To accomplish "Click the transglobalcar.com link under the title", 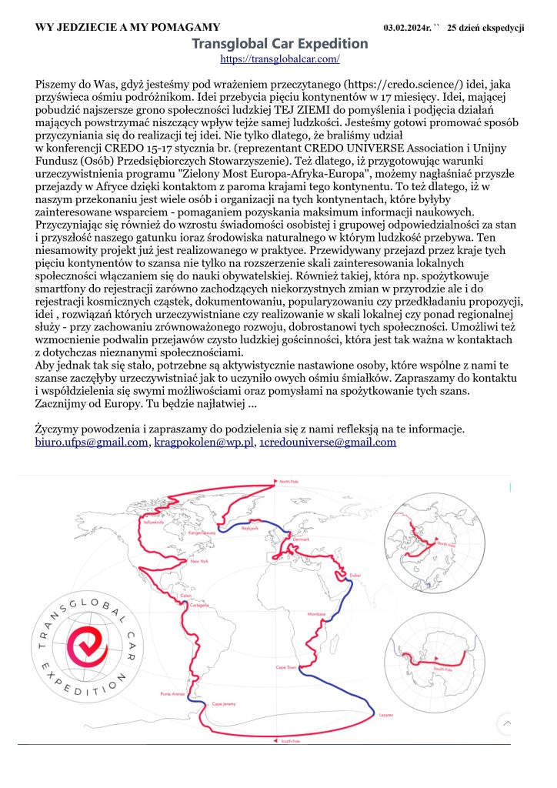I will point(280,58).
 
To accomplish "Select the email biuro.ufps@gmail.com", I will point(92,442).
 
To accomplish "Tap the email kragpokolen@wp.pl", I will point(204,442).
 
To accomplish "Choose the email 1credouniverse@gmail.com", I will point(328,442).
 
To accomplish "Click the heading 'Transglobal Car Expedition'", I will point(280,44).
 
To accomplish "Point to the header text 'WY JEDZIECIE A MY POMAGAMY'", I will point(128,28).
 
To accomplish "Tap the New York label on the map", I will point(199,561).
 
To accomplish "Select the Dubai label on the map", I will point(355,575).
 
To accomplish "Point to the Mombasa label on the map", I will point(316,614).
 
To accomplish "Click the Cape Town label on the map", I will point(286,667).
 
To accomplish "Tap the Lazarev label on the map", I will point(385,716).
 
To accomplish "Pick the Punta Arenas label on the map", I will point(172,694).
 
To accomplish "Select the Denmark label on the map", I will point(301,539).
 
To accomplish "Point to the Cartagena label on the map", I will point(199,606).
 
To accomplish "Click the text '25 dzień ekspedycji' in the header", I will point(486,28).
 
